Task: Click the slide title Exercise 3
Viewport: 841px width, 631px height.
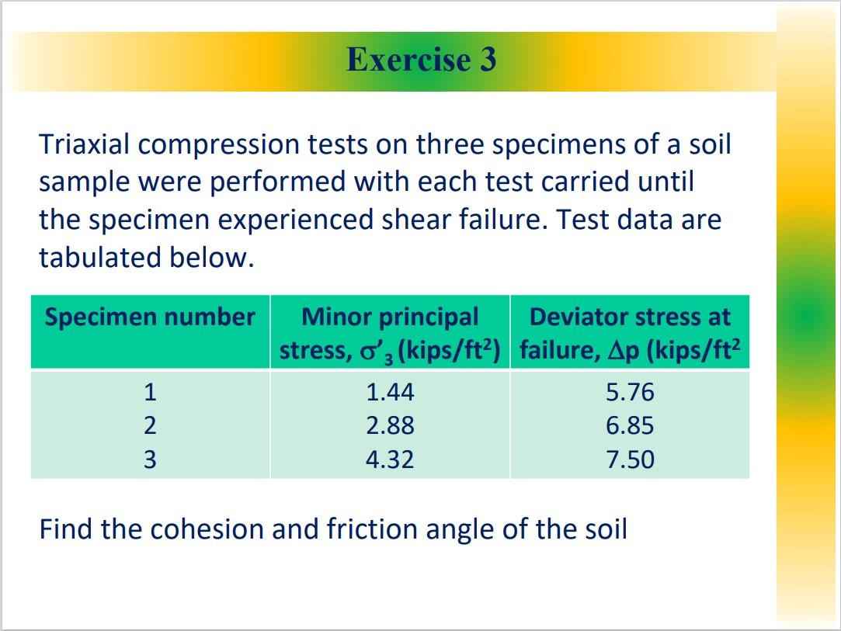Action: tap(421, 60)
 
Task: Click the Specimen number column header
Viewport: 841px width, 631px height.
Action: tap(150, 317)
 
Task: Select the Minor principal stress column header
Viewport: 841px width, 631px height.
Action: tap(390, 334)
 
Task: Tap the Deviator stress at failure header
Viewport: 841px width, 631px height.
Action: tap(630, 334)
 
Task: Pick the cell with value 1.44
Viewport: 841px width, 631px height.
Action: tap(390, 392)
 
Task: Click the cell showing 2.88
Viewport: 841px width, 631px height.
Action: tap(390, 425)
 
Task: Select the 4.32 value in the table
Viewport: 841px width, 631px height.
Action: tap(390, 459)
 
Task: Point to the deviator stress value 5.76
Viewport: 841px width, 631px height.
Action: tap(630, 392)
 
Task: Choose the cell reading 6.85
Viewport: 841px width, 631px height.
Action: tap(630, 425)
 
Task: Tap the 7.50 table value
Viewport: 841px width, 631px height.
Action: tap(630, 459)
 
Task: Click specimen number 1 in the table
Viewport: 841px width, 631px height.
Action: tap(150, 392)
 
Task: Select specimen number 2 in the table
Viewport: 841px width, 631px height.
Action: tap(150, 425)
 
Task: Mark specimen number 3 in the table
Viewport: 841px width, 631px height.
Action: tap(150, 459)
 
